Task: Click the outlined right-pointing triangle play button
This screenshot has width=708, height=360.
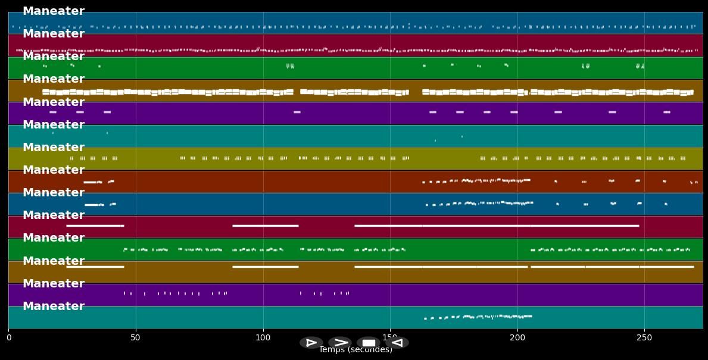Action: pyautogui.click(x=311, y=343)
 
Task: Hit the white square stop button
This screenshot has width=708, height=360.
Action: pyautogui.click(x=369, y=343)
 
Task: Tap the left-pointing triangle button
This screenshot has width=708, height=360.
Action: pyautogui.click(x=397, y=343)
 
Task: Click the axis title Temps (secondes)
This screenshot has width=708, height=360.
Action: pyautogui.click(x=355, y=350)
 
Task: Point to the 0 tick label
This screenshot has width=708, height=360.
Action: pyautogui.click(x=8, y=338)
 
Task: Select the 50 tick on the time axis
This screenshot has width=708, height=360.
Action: pyautogui.click(x=136, y=338)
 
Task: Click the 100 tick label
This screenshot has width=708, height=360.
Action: pyautogui.click(x=263, y=338)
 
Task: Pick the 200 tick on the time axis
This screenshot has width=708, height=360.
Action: pyautogui.click(x=517, y=338)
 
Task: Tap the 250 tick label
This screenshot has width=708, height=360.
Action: pyautogui.click(x=644, y=338)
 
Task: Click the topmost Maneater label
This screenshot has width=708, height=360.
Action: pyautogui.click(x=54, y=11)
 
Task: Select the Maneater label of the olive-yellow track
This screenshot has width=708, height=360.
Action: pyautogui.click(x=54, y=148)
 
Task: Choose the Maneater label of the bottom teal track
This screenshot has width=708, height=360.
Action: pyautogui.click(x=54, y=306)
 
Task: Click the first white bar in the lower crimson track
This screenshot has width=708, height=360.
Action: pyautogui.click(x=95, y=226)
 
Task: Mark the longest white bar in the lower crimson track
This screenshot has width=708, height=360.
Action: pyautogui.click(x=497, y=226)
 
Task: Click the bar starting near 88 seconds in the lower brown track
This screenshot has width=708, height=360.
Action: pyautogui.click(x=265, y=267)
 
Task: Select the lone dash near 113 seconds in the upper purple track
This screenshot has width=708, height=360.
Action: pyautogui.click(x=297, y=112)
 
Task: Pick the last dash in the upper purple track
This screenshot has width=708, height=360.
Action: pyautogui.click(x=666, y=112)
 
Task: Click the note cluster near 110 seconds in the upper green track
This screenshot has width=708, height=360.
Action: pyautogui.click(x=290, y=66)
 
